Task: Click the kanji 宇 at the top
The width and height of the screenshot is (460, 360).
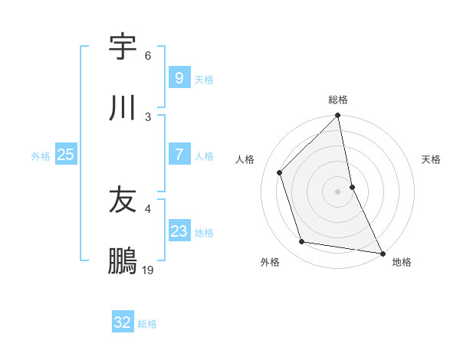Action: [x=123, y=46]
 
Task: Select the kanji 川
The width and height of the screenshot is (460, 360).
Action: [x=123, y=108]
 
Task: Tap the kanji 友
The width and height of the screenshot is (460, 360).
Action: [x=123, y=201]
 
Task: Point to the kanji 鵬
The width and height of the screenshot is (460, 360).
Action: [x=123, y=261]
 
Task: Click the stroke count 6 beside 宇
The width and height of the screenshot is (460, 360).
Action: [x=148, y=56]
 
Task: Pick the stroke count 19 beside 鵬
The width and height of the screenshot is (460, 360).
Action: [x=148, y=270]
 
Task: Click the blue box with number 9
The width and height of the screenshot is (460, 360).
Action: [x=179, y=77]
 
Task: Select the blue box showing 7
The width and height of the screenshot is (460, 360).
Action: [x=179, y=155]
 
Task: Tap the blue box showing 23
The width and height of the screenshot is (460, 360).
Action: [x=179, y=231]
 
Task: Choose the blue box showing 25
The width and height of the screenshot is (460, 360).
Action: [x=66, y=155]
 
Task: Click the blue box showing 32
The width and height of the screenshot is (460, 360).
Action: [x=123, y=322]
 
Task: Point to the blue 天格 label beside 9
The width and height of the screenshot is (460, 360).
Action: [x=204, y=79]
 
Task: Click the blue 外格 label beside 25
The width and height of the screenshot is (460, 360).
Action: [x=41, y=155]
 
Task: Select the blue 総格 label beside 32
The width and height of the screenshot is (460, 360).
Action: [x=147, y=324]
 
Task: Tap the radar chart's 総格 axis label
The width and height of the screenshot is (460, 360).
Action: [x=338, y=100]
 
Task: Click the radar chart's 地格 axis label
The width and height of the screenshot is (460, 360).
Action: [x=402, y=262]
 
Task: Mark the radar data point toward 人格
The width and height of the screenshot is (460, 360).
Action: [x=280, y=172]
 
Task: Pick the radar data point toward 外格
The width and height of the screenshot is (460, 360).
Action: [x=302, y=242]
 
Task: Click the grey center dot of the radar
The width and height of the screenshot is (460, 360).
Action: [x=338, y=191]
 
